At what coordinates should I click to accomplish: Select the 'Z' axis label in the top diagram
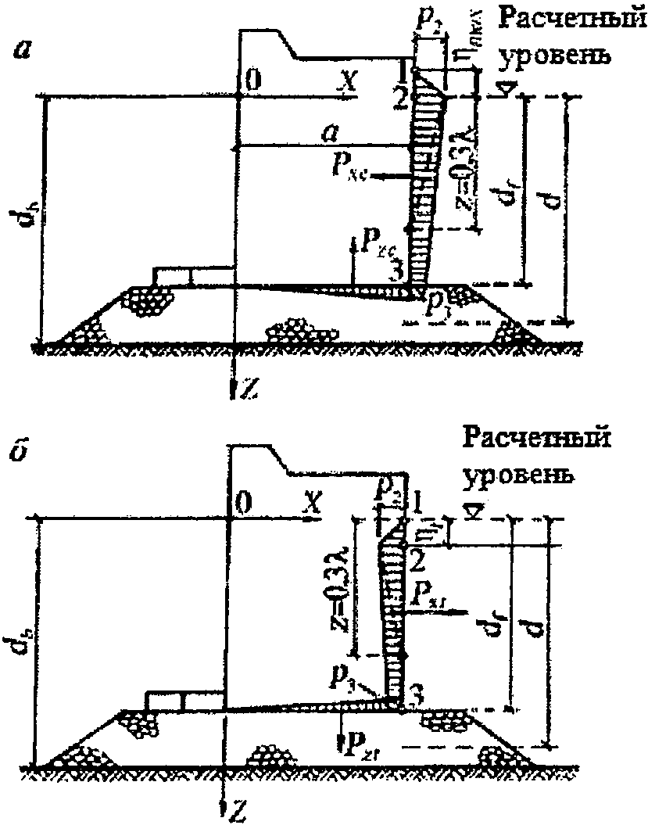(x=249, y=389)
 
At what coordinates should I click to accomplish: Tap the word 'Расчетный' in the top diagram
(x=567, y=20)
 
